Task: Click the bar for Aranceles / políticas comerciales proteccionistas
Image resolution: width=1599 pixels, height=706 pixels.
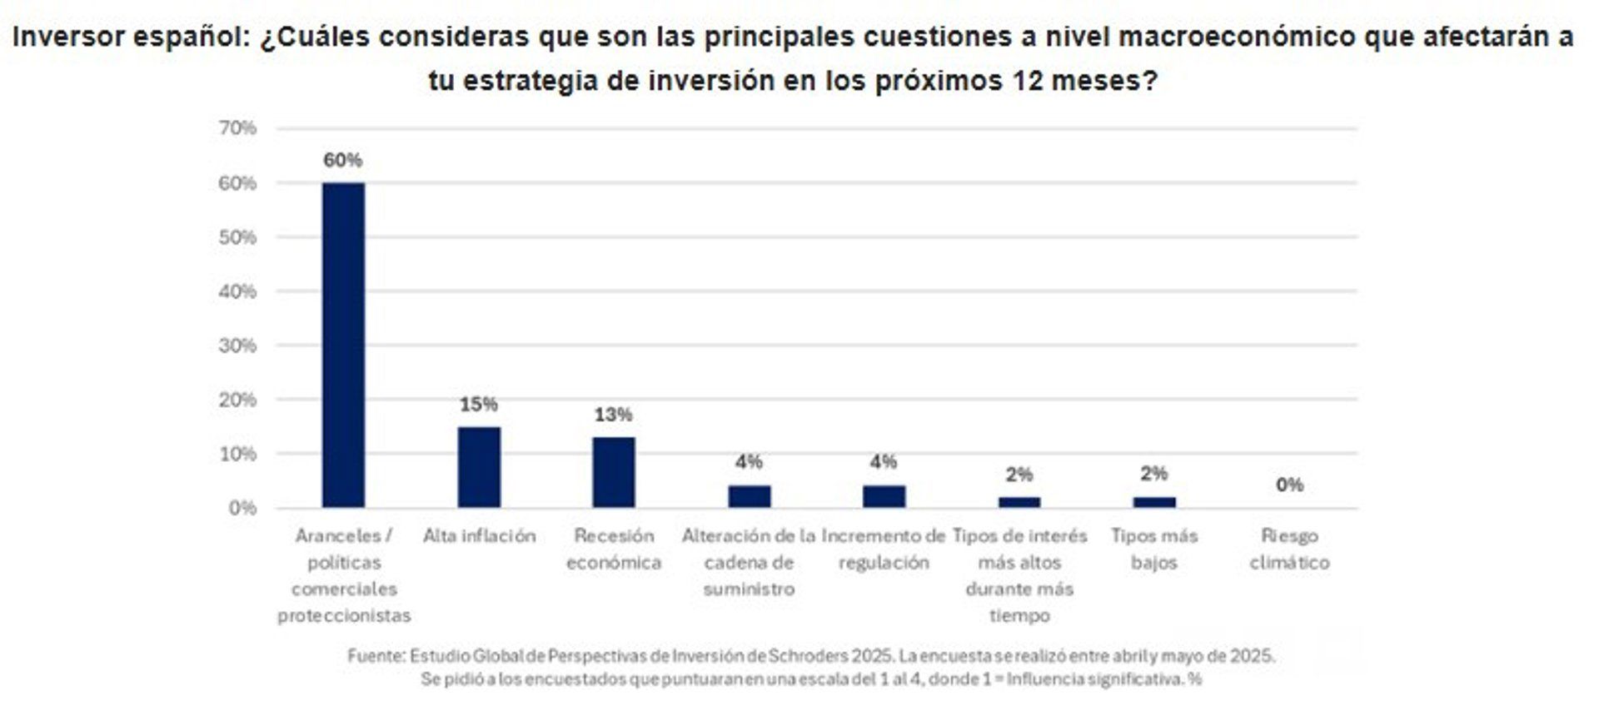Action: tap(343, 345)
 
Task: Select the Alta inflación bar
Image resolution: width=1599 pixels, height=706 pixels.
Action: tap(479, 467)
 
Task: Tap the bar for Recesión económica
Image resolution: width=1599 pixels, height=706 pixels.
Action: tap(614, 472)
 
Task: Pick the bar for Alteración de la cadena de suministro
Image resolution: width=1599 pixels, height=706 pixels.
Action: tap(749, 496)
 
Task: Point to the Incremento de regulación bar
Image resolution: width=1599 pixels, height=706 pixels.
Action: tap(884, 496)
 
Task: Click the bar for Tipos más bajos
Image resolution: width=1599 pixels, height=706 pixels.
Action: tap(1154, 502)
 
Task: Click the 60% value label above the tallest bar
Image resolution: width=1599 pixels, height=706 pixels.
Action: tap(343, 160)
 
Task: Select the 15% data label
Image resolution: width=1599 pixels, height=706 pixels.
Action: tap(479, 405)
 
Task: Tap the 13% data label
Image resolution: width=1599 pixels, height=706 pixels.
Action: tap(614, 415)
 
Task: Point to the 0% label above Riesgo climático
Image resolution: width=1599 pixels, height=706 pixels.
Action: tap(1289, 485)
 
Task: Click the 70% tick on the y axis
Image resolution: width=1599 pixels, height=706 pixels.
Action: tap(237, 128)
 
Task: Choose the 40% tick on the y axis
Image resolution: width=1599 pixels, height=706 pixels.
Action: tap(237, 291)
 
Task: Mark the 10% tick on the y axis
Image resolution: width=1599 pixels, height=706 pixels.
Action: tap(237, 454)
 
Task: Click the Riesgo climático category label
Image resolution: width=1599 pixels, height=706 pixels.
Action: tap(1289, 549)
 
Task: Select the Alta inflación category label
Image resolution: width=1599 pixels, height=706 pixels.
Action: tap(479, 535)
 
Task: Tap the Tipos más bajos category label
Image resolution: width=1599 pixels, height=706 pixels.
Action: tap(1154, 549)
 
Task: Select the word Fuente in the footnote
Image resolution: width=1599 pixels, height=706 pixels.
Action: tap(375, 656)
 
